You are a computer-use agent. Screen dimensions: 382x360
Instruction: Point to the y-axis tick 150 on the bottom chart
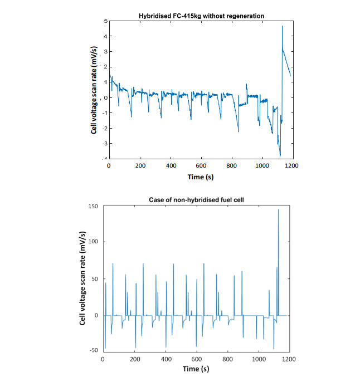[x=93, y=207]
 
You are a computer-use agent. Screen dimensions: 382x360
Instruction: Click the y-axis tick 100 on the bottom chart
[x=93, y=243]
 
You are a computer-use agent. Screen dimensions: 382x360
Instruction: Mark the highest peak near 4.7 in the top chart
[x=282, y=26]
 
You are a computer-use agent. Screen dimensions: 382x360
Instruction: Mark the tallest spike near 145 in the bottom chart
[x=278, y=210]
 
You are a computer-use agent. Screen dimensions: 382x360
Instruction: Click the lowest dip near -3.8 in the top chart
[x=280, y=156]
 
